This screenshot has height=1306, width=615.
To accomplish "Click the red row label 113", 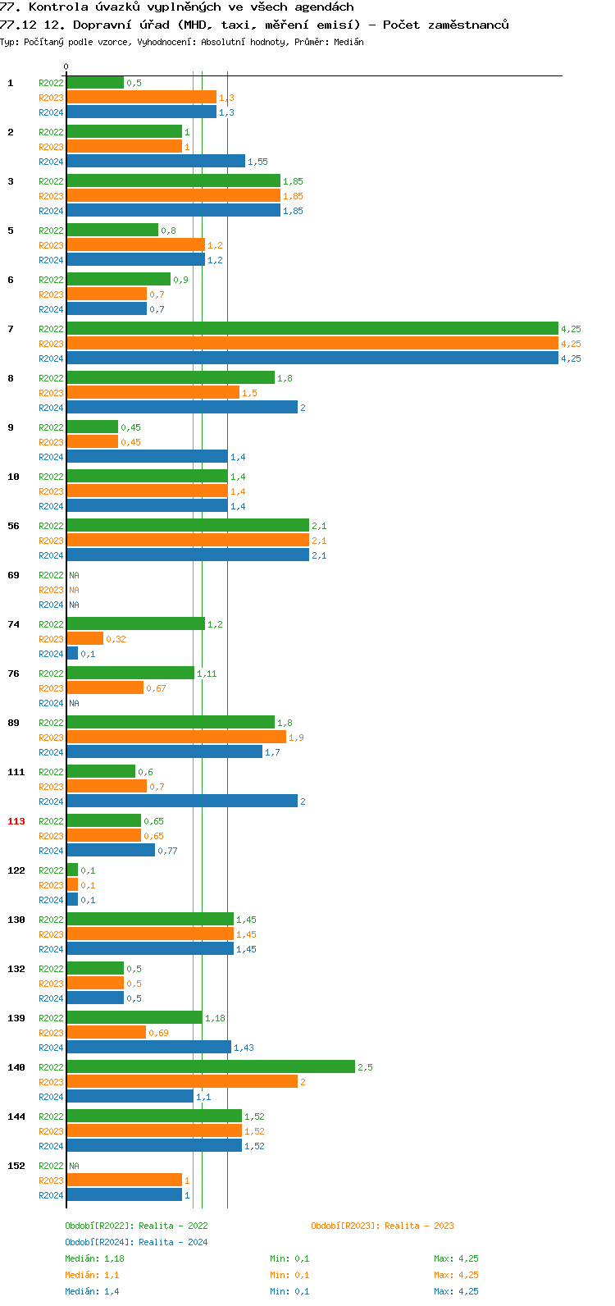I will pos(16,821).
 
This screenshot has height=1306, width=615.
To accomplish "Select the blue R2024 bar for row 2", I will pos(156,162).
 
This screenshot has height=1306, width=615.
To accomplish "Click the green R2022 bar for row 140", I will pos(211,1067).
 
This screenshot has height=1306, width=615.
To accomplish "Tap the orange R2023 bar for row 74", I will pos(85,639).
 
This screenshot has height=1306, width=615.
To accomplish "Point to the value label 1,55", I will pos(257,162).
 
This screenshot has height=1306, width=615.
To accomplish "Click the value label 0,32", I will pos(116,639).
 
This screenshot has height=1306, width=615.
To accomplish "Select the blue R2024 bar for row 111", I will pos(182,801).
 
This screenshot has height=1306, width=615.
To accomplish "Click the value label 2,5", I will pos(365,1067).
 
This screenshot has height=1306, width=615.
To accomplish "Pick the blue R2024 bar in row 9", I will pos(147,457).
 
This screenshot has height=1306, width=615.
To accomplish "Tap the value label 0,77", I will pos(167,851).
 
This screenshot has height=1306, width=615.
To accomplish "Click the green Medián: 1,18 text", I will pos(94,1258).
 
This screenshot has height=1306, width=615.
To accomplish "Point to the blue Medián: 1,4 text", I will pos(92,1291).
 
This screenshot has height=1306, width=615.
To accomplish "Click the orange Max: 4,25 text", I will pos(456,1275).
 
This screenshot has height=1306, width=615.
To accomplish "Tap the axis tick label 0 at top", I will pos(66,66).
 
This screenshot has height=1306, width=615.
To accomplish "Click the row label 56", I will pos(13,526).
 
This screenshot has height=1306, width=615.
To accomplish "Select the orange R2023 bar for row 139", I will pos(107,1033).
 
